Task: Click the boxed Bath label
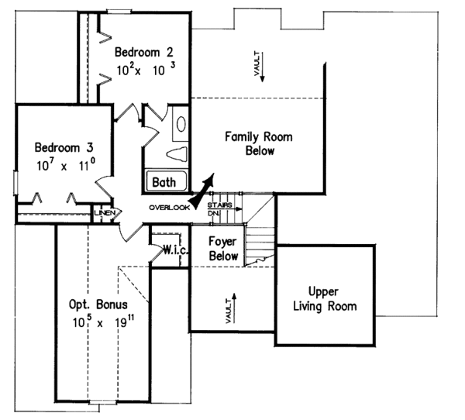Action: pos(164,183)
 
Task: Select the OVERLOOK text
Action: pos(169,207)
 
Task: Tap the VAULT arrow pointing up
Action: pos(230,305)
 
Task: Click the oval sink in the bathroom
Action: pos(180,124)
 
